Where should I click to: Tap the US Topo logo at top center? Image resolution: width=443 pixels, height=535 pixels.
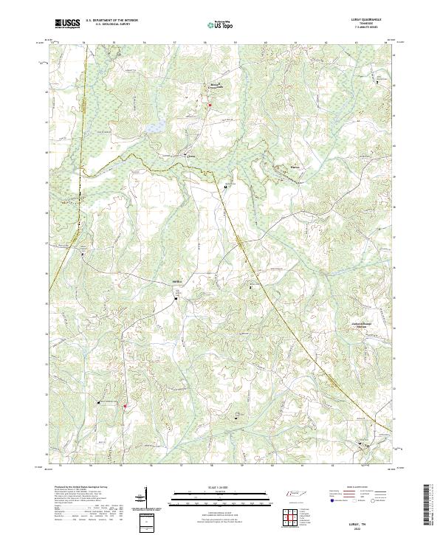[221, 24]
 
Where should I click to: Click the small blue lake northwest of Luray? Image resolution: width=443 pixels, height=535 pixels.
[156, 128]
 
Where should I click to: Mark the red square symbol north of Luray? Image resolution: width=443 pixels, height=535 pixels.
[210, 106]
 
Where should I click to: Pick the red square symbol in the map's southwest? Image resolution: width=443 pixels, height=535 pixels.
[125, 406]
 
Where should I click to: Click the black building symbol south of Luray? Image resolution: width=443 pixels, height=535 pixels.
[225, 187]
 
